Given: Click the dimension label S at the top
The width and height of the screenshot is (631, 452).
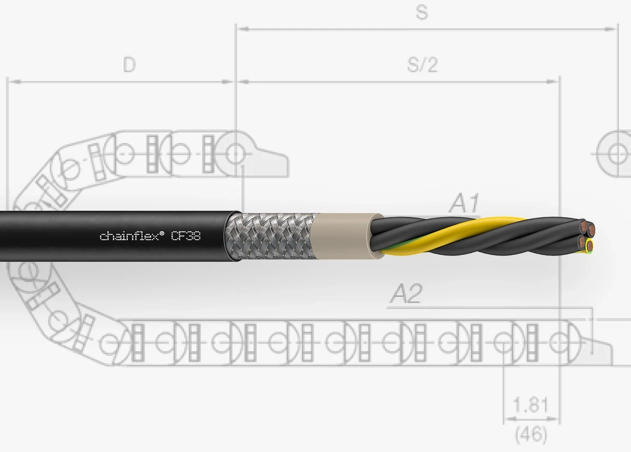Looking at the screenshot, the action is coord(422,13).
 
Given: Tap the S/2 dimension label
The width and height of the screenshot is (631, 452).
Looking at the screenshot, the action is coord(422,65).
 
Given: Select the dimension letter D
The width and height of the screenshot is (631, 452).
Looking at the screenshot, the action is coord(129,65).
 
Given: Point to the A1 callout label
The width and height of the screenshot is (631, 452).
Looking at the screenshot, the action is coord(464,203).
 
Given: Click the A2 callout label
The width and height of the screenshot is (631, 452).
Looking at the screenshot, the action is coord(406,293).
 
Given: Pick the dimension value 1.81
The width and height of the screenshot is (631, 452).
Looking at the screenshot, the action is coord(531,405).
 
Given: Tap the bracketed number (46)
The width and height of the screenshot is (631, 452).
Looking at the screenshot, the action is coord(531,435).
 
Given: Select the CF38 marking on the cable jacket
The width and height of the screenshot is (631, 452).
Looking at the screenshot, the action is coord(186,236).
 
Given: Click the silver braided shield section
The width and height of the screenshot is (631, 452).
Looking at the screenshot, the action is coord(270,237).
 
